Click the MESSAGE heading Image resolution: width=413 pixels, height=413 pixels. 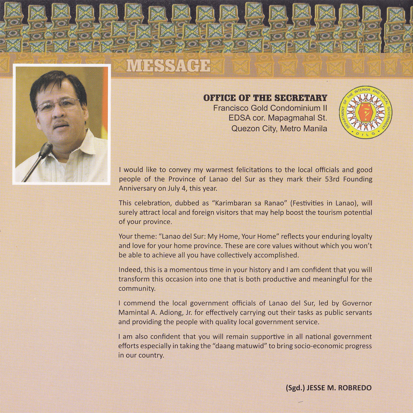pos(168,65)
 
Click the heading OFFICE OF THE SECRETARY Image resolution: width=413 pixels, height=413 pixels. pos(265,98)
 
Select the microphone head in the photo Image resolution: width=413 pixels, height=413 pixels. pos(46,149)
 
